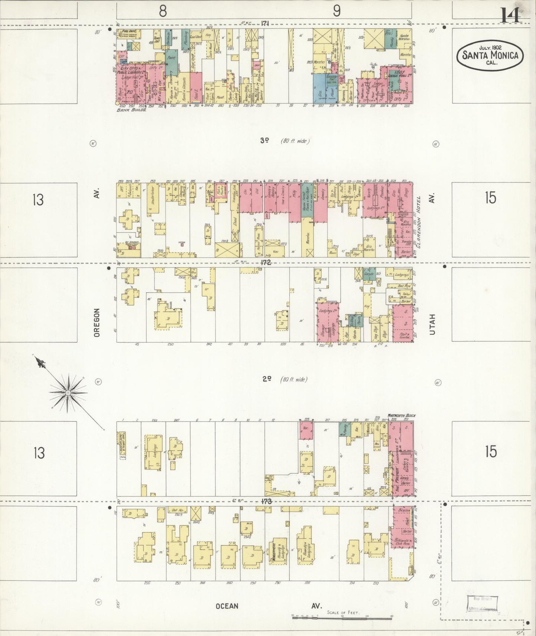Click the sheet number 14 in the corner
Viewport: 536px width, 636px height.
tap(510, 15)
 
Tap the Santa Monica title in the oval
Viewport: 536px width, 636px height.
tap(490, 55)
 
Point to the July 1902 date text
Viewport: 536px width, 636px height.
tap(490, 48)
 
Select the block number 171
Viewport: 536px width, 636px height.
tap(264, 23)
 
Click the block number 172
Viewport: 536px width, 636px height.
tap(266, 263)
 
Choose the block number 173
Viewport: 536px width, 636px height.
tap(266, 501)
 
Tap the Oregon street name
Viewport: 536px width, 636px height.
tap(97, 322)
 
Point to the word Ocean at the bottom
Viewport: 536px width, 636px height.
tap(227, 606)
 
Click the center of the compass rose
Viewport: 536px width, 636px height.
tap(68, 393)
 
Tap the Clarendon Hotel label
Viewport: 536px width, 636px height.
tap(420, 222)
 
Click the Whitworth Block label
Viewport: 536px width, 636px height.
tap(400, 415)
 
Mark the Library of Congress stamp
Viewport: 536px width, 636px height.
tap(482, 603)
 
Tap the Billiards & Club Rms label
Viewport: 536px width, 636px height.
tap(402, 542)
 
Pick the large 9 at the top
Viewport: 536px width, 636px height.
tap(336, 11)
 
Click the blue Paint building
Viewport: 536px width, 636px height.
tap(171, 58)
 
